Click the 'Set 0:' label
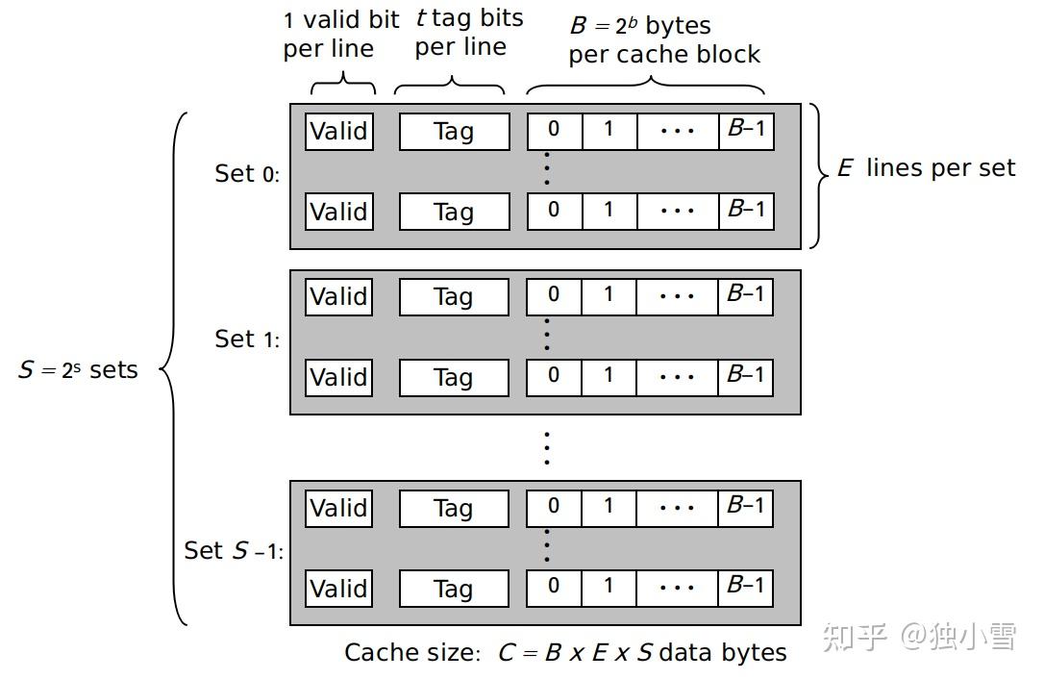pos(247,173)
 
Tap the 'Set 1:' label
pos(247,339)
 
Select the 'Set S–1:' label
pos(234,550)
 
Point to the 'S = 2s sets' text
pos(78,369)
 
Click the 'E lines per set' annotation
pos(927,168)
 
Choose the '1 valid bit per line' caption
pos(340,35)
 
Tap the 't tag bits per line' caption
pos(468,33)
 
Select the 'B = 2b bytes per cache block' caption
pos(663,39)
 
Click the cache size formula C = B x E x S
pos(565,652)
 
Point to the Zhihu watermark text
pos(920,636)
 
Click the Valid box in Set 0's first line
pos(338,131)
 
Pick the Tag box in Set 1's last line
pos(454,377)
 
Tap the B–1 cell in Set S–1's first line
pos(746,506)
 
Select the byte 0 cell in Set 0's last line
pos(554,210)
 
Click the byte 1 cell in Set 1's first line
pos(609,294)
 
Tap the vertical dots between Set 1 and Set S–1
pos(546,447)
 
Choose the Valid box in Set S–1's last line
pos(338,588)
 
